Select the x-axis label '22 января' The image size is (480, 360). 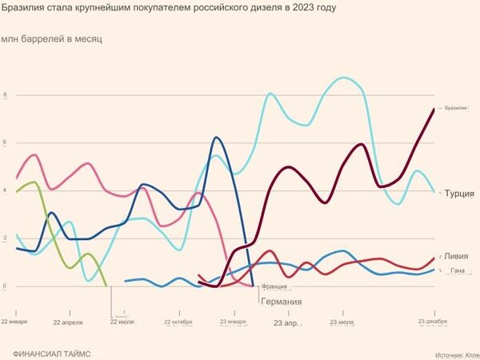(14, 322)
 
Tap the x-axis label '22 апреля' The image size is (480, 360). (68, 322)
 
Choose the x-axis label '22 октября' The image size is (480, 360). (179, 322)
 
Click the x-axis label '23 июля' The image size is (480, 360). (342, 322)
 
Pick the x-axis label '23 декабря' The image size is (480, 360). (433, 322)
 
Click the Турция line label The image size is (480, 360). (459, 194)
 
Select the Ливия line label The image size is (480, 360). (456, 256)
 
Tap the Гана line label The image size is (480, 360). (458, 271)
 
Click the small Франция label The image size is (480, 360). (274, 286)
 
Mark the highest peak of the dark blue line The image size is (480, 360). (216, 138)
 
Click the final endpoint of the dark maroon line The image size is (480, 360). (434, 109)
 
